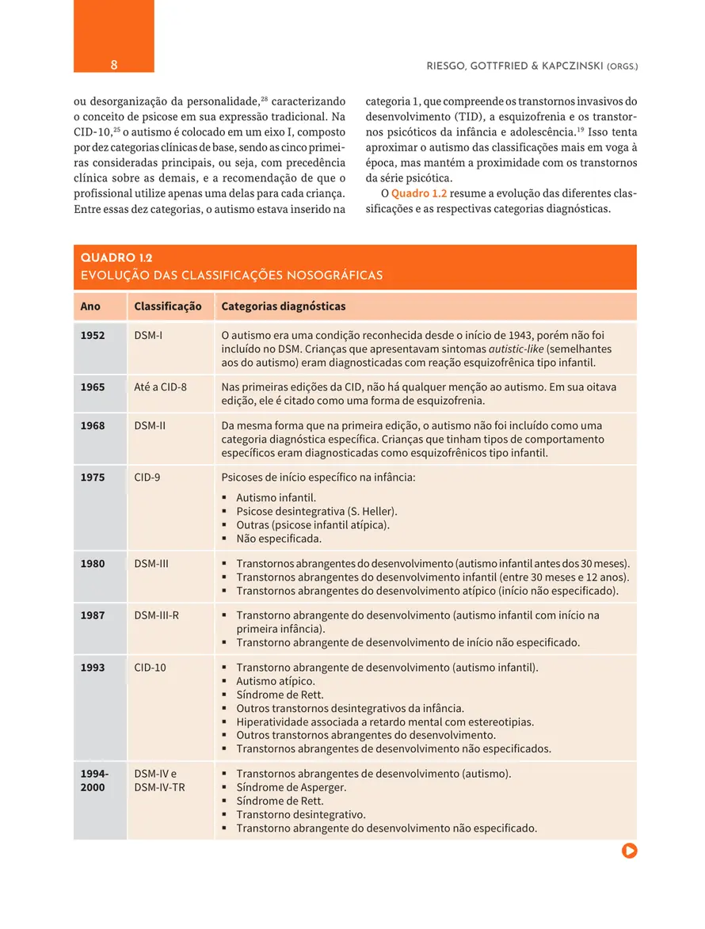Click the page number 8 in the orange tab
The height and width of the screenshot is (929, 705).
pos(114,65)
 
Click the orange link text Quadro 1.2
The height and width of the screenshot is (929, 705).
pos(419,194)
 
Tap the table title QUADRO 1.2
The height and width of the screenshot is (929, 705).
pos(116,258)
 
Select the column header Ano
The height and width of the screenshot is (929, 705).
pos(90,306)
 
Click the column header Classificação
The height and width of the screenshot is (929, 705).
pos(168,306)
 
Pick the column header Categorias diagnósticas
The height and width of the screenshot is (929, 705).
pos(283,306)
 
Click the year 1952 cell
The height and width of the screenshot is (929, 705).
pos(93,336)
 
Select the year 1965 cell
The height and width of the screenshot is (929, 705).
pos(93,387)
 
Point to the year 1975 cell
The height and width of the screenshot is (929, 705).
pos(93,478)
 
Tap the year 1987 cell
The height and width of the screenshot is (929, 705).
pos(93,615)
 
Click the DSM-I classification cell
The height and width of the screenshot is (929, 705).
pos(149,336)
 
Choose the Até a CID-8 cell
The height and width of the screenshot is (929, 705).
pos(161,387)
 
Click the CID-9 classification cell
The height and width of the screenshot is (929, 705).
pos(147,478)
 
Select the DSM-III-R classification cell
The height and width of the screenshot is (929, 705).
pos(157,615)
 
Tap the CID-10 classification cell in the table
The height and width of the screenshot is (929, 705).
pos(151,668)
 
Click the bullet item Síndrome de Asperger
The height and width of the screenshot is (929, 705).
pos(291,787)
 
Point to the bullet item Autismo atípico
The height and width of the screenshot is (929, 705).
pos(275,681)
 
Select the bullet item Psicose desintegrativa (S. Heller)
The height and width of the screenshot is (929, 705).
pos(317,512)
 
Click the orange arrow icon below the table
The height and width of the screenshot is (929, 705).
pos(630,851)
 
